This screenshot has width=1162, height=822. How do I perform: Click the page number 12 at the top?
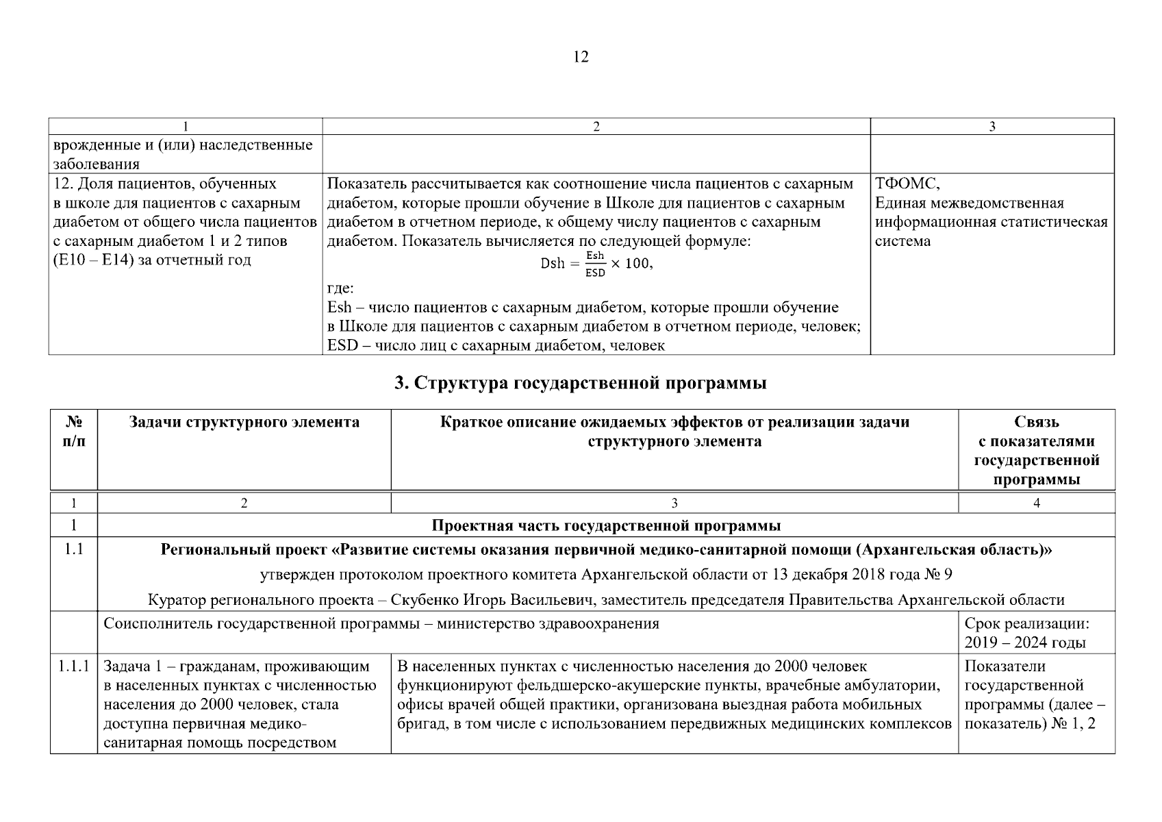(x=580, y=57)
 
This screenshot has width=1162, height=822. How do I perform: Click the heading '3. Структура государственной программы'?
(x=580, y=383)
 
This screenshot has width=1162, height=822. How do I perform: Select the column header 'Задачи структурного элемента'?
(x=244, y=422)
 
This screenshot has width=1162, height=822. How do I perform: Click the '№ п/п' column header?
(x=73, y=432)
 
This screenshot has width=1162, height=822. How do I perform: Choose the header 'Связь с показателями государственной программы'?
(x=1036, y=450)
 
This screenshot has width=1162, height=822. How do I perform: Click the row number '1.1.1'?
(x=73, y=667)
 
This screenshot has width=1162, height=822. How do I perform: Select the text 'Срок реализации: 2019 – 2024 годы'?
(x=1026, y=633)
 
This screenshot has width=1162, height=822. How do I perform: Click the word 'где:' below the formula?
(x=340, y=288)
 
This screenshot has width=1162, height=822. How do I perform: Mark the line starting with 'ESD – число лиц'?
(x=496, y=345)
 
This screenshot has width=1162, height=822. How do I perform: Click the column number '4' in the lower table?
(x=1036, y=503)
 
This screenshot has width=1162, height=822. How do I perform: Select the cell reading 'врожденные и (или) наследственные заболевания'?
(x=184, y=154)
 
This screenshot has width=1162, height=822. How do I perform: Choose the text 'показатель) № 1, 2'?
(x=1029, y=724)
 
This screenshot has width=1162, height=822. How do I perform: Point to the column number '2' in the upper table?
(x=596, y=127)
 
